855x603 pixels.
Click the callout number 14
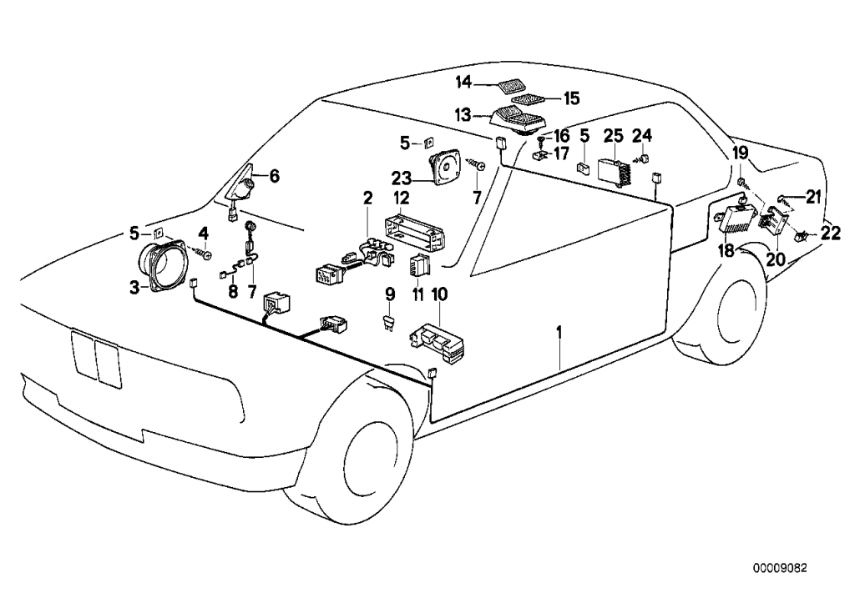pyautogui.click(x=463, y=82)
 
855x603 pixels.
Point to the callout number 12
pyautogui.click(x=402, y=198)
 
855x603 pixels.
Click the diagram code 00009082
pyautogui.click(x=779, y=568)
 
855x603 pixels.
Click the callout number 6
pyautogui.click(x=274, y=175)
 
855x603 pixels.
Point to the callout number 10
pyautogui.click(x=439, y=294)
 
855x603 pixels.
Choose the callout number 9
pyautogui.click(x=389, y=294)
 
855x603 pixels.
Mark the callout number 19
pyautogui.click(x=741, y=152)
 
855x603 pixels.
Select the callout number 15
pyautogui.click(x=570, y=98)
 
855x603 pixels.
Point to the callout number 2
pyautogui.click(x=366, y=198)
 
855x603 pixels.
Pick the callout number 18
pyautogui.click(x=726, y=251)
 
